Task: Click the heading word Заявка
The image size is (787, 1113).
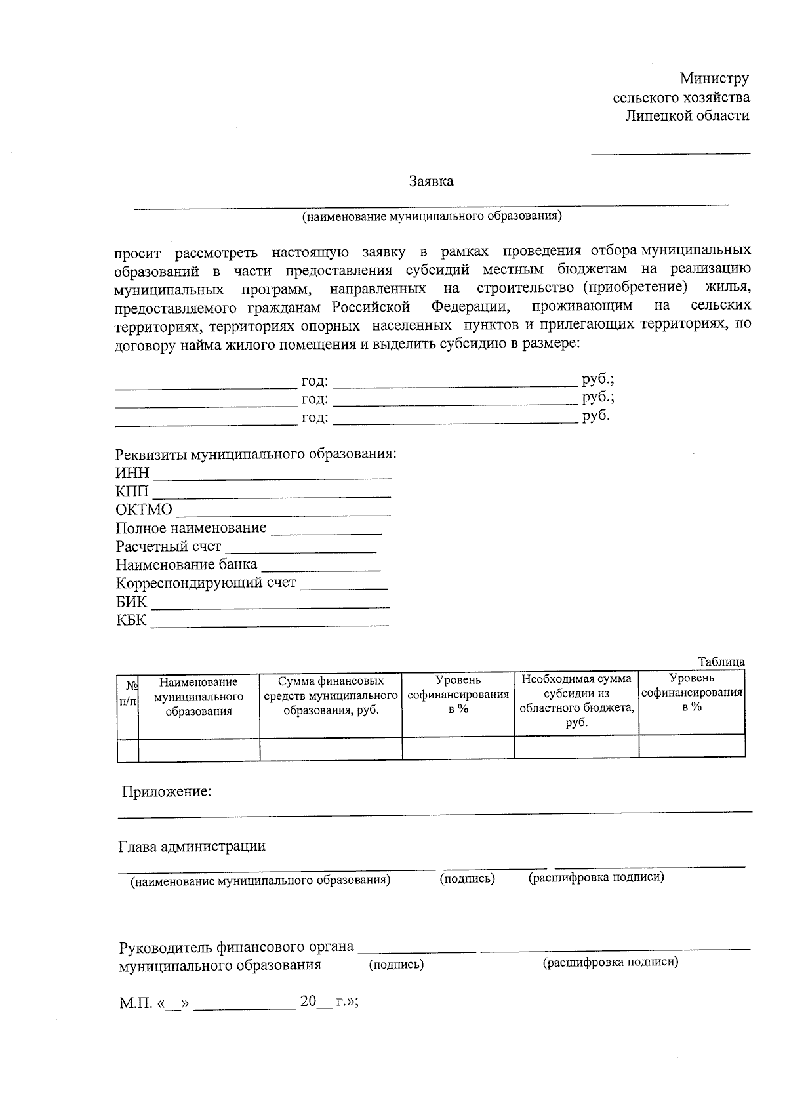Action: (x=431, y=182)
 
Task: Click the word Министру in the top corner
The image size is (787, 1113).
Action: (x=714, y=79)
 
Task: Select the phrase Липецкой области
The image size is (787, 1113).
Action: (x=687, y=116)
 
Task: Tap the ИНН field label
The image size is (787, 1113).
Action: (x=132, y=473)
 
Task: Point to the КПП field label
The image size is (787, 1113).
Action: (x=132, y=491)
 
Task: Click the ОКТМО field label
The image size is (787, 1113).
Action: (x=144, y=510)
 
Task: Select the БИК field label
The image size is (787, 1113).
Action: (x=132, y=602)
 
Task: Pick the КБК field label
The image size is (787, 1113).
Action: (x=132, y=620)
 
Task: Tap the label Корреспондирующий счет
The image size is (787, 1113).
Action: (x=206, y=583)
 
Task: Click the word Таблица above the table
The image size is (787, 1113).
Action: (x=721, y=662)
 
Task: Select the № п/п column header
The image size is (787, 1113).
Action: (x=128, y=693)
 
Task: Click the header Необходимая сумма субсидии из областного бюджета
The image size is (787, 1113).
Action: (x=576, y=700)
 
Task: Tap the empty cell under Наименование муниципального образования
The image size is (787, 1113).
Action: (x=199, y=748)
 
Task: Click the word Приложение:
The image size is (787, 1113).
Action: (x=167, y=792)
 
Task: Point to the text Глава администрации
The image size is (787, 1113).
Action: (x=192, y=846)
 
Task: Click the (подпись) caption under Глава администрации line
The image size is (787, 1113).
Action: (x=467, y=878)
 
